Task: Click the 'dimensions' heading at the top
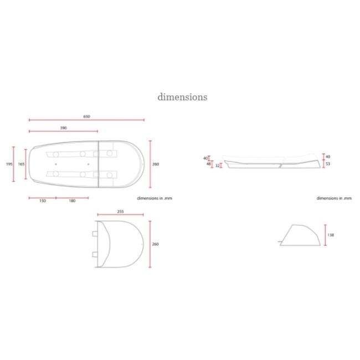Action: click(x=182, y=97)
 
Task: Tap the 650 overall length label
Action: click(x=86, y=117)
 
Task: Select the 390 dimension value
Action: click(x=63, y=128)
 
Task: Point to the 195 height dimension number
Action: click(x=9, y=164)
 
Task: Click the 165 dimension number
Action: click(x=21, y=164)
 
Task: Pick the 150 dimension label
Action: click(x=43, y=201)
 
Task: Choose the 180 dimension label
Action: click(x=72, y=201)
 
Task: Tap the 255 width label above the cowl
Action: click(x=120, y=212)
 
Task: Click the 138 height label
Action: click(x=331, y=235)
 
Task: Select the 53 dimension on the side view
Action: click(x=328, y=164)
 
